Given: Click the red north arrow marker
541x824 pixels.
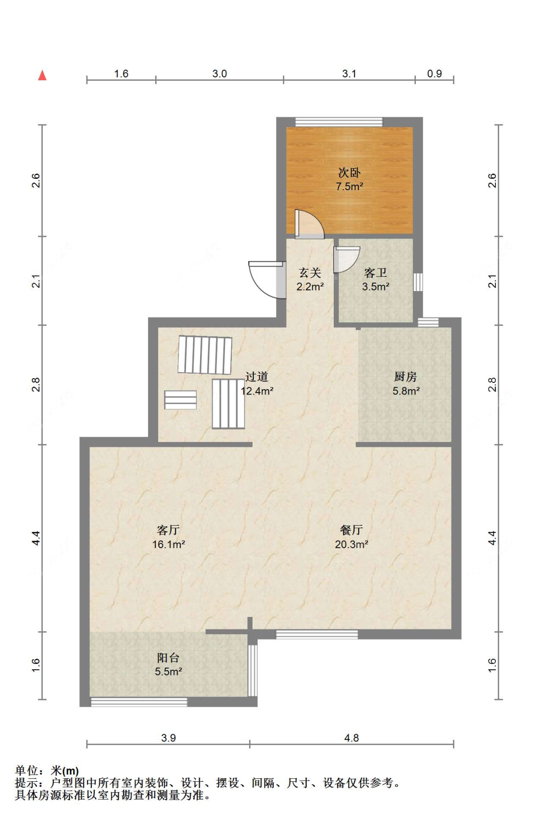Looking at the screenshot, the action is point(42,75).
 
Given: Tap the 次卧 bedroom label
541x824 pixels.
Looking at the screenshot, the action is point(349,172).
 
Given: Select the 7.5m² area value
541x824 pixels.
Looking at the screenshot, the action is point(350,186).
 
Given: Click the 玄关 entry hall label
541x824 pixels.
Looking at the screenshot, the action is point(310,273).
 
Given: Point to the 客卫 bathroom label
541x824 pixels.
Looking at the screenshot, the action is point(376,273).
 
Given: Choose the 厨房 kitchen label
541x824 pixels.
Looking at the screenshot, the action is point(405,377).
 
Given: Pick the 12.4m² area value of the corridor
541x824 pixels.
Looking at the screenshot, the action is point(257,391).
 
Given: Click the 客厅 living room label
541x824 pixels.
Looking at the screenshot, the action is point(168,530).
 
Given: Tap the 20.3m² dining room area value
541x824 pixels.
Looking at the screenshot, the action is point(352,544).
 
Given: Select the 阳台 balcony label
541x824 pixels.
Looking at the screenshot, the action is point(168,658).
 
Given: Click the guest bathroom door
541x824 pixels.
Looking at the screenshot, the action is point(346,259).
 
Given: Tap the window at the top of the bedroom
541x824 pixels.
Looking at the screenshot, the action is point(339,122).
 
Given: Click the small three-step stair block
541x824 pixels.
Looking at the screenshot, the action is point(180,400).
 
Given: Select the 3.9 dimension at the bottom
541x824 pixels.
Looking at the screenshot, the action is point(168,738).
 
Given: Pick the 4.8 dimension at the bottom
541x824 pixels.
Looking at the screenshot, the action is point(352,738).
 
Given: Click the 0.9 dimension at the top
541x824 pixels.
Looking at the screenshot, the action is point(434,74).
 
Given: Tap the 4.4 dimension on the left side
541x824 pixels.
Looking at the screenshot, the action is point(36,538).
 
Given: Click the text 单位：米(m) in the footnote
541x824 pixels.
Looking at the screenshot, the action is point(47,771).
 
